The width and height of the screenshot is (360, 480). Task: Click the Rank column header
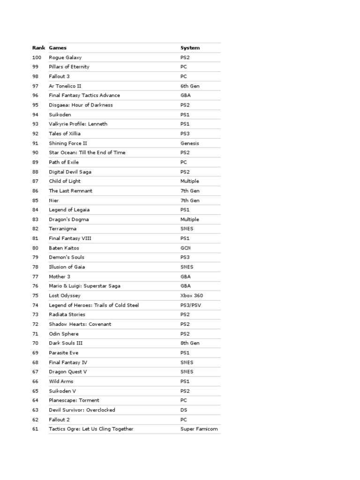[x=38, y=48]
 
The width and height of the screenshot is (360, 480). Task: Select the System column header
[x=190, y=48]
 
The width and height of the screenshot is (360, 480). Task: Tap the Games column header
[x=58, y=48]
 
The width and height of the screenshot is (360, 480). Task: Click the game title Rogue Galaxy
[x=65, y=57]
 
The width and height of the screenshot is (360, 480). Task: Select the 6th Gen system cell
[x=190, y=86]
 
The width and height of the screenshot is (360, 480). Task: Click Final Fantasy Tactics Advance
[x=84, y=95]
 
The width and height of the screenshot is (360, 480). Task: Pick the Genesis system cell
[x=189, y=143]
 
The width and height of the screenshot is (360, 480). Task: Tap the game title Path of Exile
[x=64, y=162]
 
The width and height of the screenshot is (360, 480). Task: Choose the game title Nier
[x=54, y=200]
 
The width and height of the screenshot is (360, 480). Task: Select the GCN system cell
[x=186, y=248]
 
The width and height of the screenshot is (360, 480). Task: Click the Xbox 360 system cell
[x=192, y=296]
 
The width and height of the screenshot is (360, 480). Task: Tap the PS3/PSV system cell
[x=192, y=305]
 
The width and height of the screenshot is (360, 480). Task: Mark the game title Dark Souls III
[x=66, y=343]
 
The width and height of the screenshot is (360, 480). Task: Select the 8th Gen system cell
[x=190, y=343]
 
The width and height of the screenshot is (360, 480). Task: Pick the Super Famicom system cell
[x=199, y=429]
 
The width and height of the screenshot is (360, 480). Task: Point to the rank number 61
[x=36, y=429]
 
